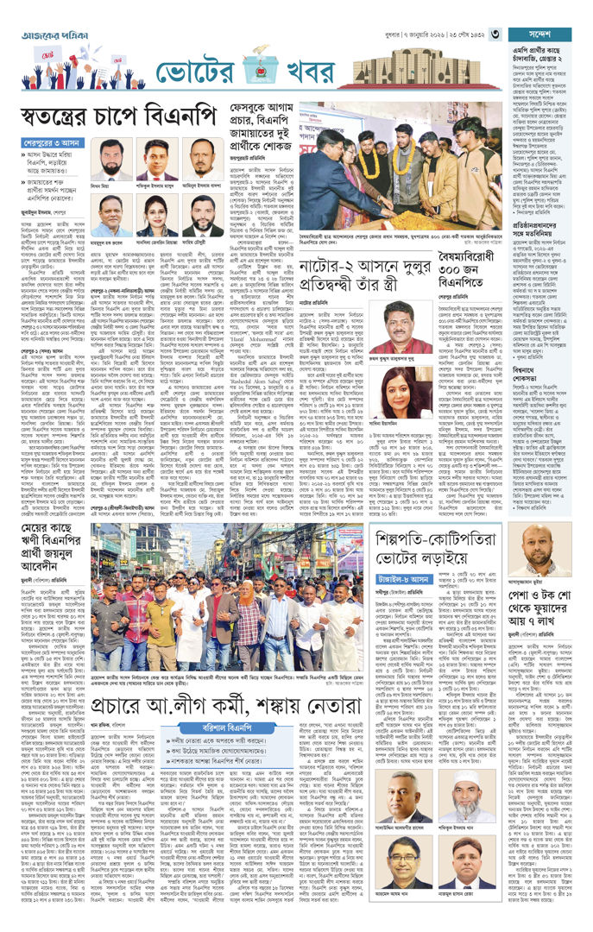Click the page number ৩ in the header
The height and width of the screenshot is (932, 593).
[x=496, y=34]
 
